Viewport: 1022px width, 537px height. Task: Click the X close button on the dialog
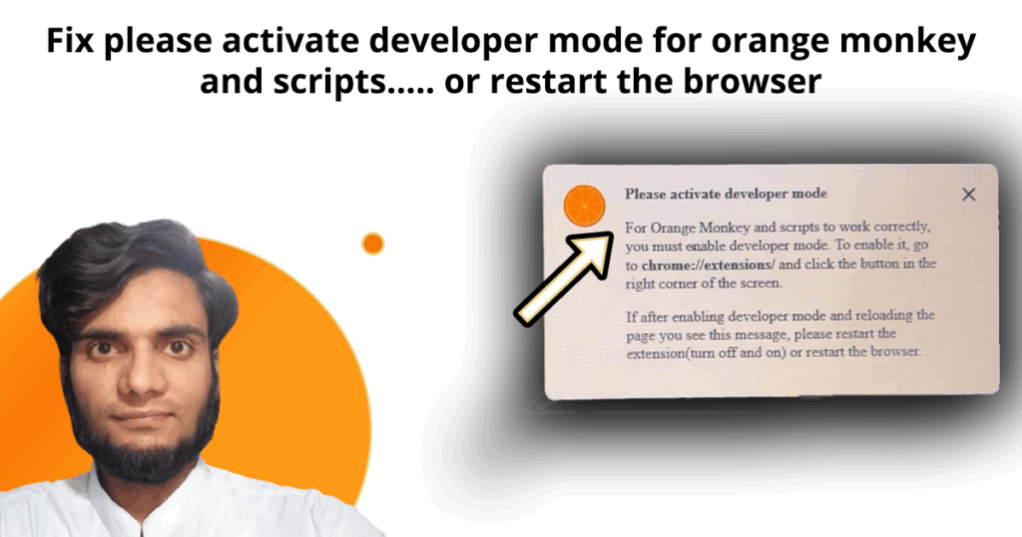tap(968, 195)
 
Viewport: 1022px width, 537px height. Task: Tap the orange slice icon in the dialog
tap(584, 206)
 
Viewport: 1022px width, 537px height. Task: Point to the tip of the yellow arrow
tap(612, 235)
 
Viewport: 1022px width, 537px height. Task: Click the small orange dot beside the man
tap(373, 244)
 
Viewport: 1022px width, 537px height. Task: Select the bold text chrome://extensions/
tap(709, 266)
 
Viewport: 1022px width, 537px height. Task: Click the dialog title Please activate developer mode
tap(727, 194)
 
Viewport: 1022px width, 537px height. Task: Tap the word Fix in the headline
tap(70, 40)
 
